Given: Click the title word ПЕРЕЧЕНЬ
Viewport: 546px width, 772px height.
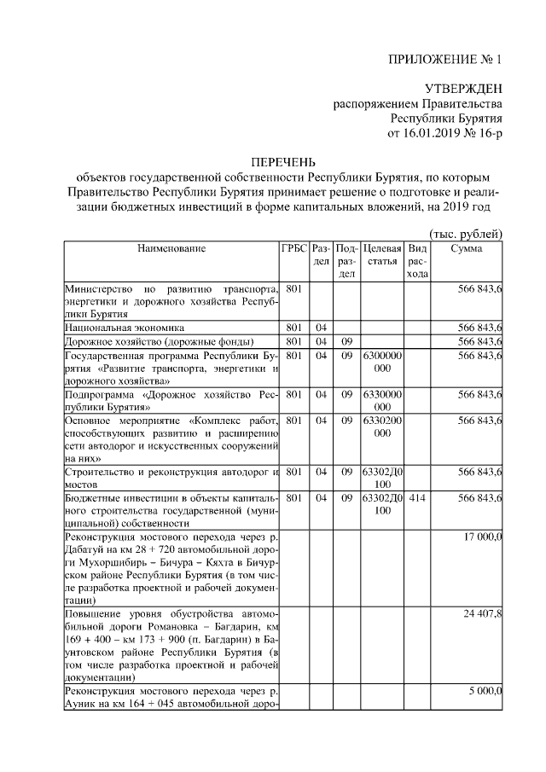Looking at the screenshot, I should (x=282, y=162).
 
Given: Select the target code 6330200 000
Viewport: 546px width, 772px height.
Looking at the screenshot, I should (x=381, y=427).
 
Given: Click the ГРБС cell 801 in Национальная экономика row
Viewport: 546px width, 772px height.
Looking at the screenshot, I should (x=294, y=327).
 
